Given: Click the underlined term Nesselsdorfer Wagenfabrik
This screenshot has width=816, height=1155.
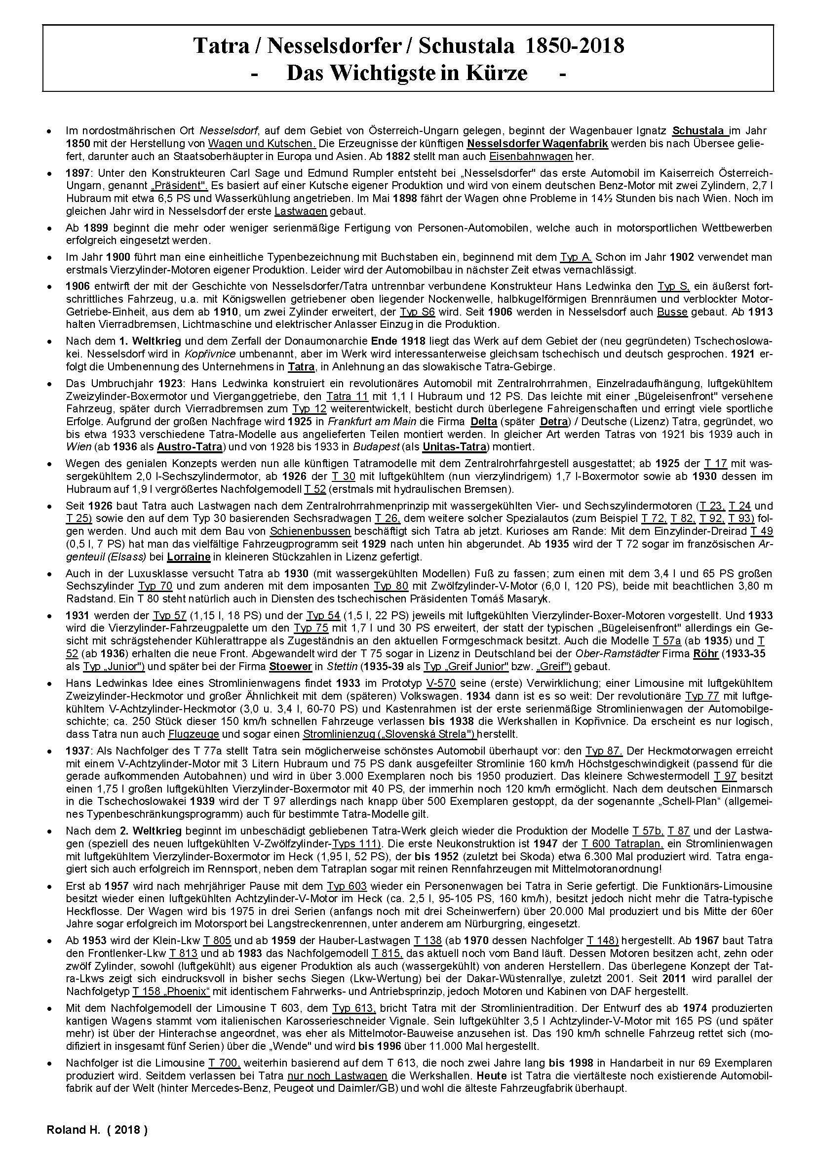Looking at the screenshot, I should pyautogui.click(x=537, y=144).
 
